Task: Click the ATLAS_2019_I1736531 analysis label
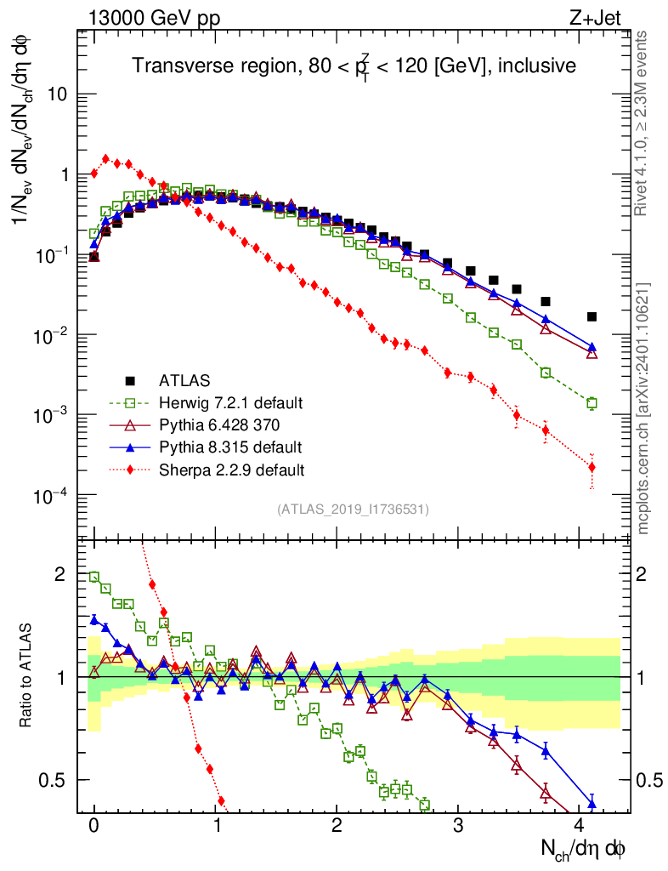point(353,510)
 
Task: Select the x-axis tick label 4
point(580,826)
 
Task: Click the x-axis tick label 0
point(94,826)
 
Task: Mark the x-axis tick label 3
point(459,826)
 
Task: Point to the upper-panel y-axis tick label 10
point(55,94)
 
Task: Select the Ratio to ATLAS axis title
point(28,677)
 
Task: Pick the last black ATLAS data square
point(592,316)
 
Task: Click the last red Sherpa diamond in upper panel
point(592,467)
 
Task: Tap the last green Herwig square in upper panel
point(592,403)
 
